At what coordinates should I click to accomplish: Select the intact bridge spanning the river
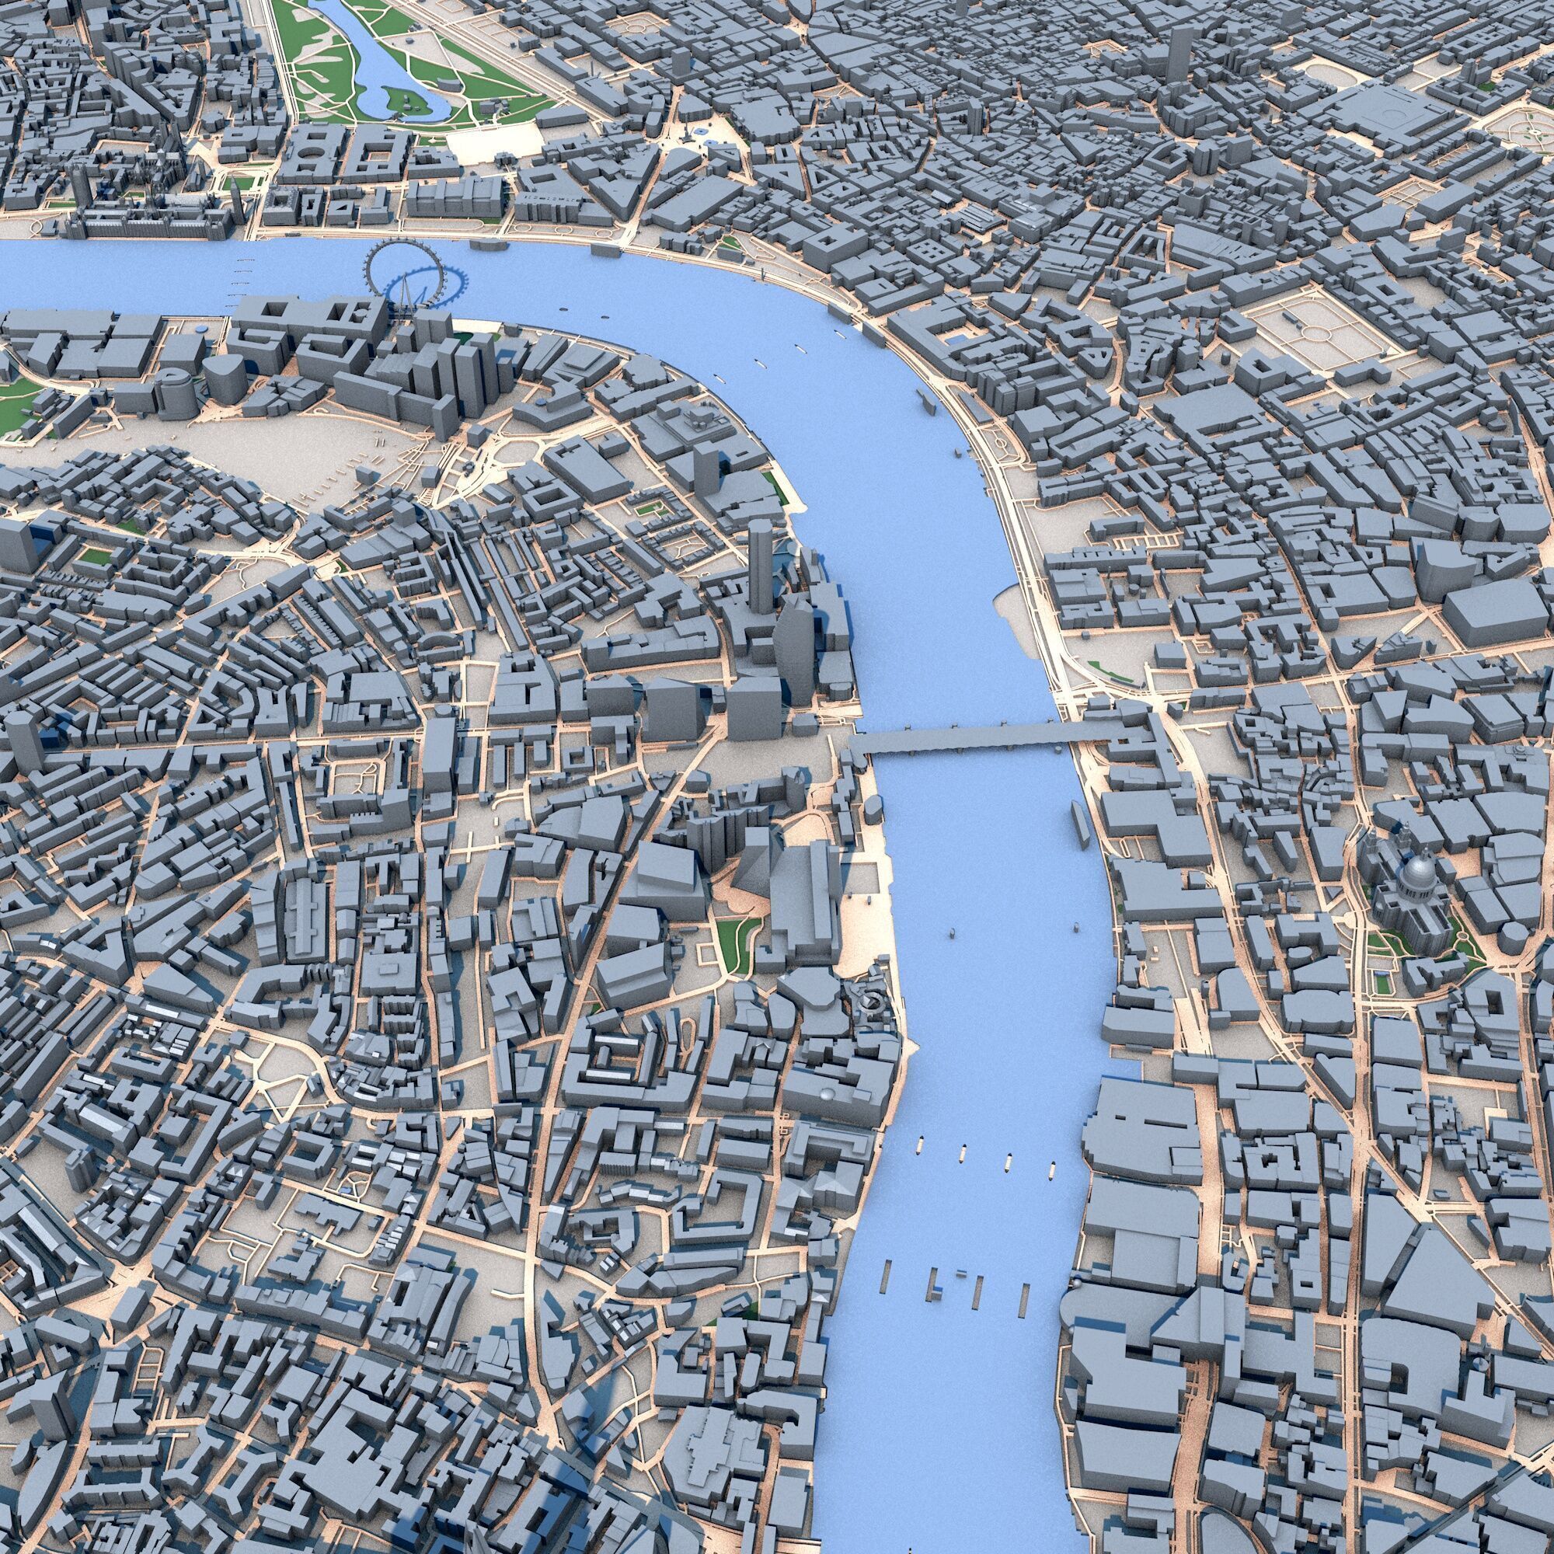(965, 737)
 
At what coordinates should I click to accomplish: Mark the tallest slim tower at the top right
(1179, 52)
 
